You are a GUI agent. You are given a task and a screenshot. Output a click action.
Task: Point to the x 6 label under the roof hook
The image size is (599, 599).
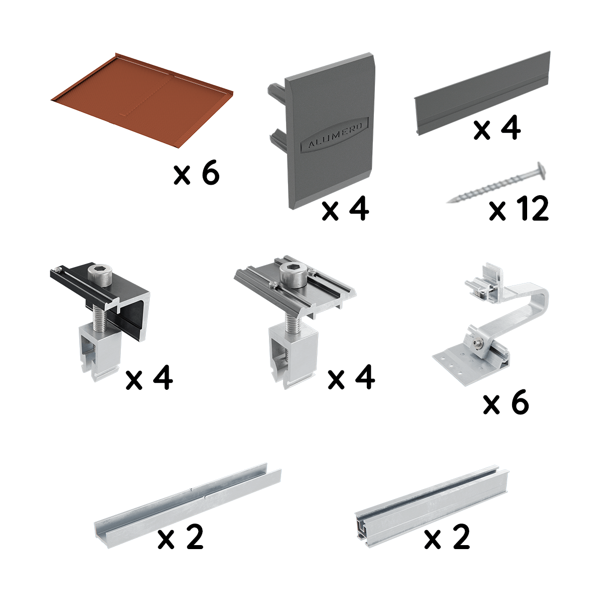505,403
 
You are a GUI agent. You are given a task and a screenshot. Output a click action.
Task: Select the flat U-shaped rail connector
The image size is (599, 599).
187,499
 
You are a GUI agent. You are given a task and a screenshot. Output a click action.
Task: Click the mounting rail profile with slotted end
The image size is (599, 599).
432,502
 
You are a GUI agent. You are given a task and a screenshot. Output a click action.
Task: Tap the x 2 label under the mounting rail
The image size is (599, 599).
447,537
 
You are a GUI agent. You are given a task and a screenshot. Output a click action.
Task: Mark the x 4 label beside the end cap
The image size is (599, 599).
345,210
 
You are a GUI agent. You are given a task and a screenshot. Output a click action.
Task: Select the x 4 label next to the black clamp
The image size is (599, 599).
149,379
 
